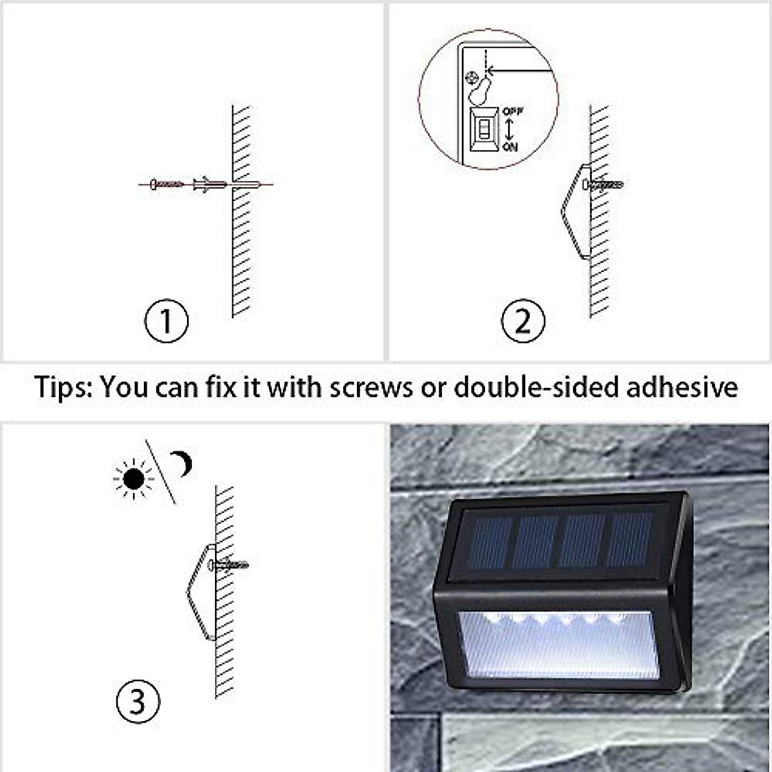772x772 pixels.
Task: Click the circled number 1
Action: coord(166,320)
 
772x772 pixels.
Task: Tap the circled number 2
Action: coord(523,320)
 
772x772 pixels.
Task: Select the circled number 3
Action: coord(138,701)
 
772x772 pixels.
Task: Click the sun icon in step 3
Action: coord(134,479)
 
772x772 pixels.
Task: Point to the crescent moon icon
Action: coord(182,463)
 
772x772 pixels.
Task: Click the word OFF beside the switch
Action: coord(512,111)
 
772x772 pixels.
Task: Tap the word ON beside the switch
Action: coord(510,147)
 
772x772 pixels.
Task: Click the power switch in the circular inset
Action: coord(485,129)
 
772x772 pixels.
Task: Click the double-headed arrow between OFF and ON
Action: coord(509,129)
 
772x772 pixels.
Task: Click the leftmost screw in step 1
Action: coord(166,184)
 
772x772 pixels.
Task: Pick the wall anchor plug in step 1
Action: coord(210,184)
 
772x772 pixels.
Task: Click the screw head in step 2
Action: coord(586,184)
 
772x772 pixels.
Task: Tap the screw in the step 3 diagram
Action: coord(228,565)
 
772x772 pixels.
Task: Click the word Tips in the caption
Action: coord(63,388)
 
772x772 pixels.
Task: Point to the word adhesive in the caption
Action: coord(682,387)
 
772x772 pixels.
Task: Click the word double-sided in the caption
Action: coord(537,387)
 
